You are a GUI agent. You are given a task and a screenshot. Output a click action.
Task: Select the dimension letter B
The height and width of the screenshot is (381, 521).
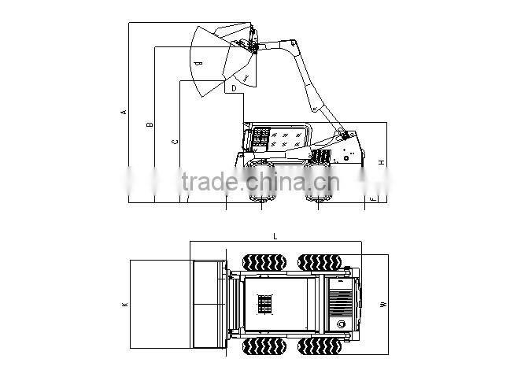coord(150,124)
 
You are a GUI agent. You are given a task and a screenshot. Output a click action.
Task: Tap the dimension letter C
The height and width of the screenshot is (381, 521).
coord(175,142)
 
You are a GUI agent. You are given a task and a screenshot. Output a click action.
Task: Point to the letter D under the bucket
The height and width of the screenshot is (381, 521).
coord(234,89)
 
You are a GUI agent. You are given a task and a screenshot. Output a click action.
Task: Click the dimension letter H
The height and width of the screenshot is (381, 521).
coord(381,163)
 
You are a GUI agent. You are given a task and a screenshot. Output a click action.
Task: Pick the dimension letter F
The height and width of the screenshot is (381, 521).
coord(372,198)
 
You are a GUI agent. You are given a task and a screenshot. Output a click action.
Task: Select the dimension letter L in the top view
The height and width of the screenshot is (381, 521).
coord(275,236)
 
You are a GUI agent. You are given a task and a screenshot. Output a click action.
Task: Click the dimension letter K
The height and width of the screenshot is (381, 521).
coord(124,305)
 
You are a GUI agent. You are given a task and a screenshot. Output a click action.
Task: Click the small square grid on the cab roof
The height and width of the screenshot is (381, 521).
coord(265,305)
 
